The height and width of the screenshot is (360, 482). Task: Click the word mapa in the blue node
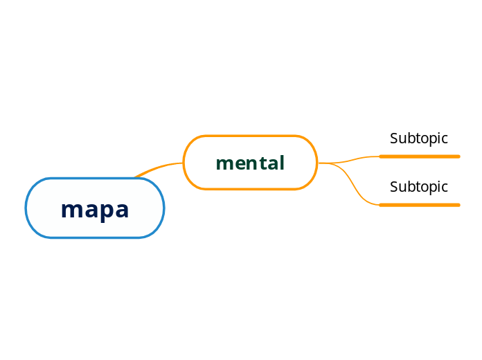[x=95, y=208]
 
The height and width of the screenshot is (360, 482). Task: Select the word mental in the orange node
[x=250, y=163]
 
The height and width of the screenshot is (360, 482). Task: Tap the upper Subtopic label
[x=419, y=138]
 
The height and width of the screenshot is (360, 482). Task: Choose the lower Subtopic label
[x=419, y=187]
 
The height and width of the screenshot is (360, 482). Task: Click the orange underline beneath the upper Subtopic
[x=420, y=156]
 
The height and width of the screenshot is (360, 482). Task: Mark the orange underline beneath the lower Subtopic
[x=420, y=205]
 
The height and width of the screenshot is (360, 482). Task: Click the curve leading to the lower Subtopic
[x=357, y=187]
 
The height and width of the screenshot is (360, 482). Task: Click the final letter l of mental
[x=282, y=163]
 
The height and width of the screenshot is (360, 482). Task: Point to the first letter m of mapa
[x=70, y=209]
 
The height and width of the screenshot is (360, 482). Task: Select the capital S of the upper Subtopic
[x=394, y=138]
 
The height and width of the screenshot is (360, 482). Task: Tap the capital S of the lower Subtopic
[x=394, y=187]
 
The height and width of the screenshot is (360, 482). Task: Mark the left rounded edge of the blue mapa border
[x=26, y=208]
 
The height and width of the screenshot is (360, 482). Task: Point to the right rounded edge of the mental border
[x=316, y=163]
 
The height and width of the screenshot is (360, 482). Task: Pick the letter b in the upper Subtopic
[x=409, y=138]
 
